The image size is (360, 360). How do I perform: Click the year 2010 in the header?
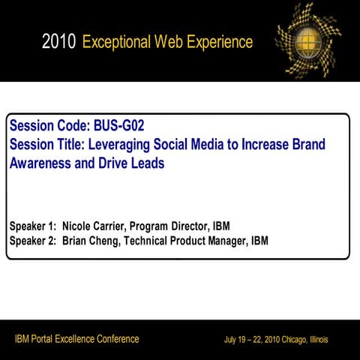tap(59, 42)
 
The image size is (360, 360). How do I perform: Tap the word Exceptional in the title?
tap(118, 42)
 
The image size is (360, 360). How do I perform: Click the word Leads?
tap(145, 163)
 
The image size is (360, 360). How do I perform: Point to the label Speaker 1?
tap(32, 225)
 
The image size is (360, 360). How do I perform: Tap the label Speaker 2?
tap(32, 241)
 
